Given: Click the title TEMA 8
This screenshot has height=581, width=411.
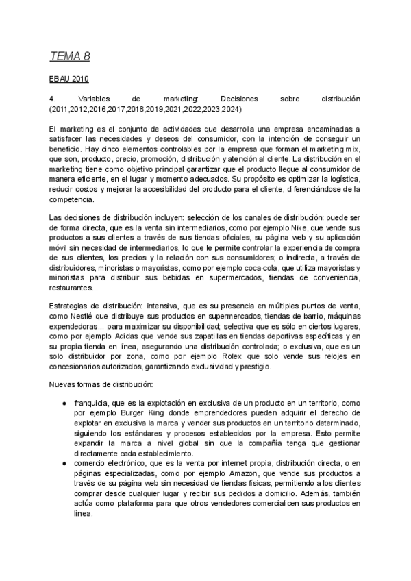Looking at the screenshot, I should tap(70, 55).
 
